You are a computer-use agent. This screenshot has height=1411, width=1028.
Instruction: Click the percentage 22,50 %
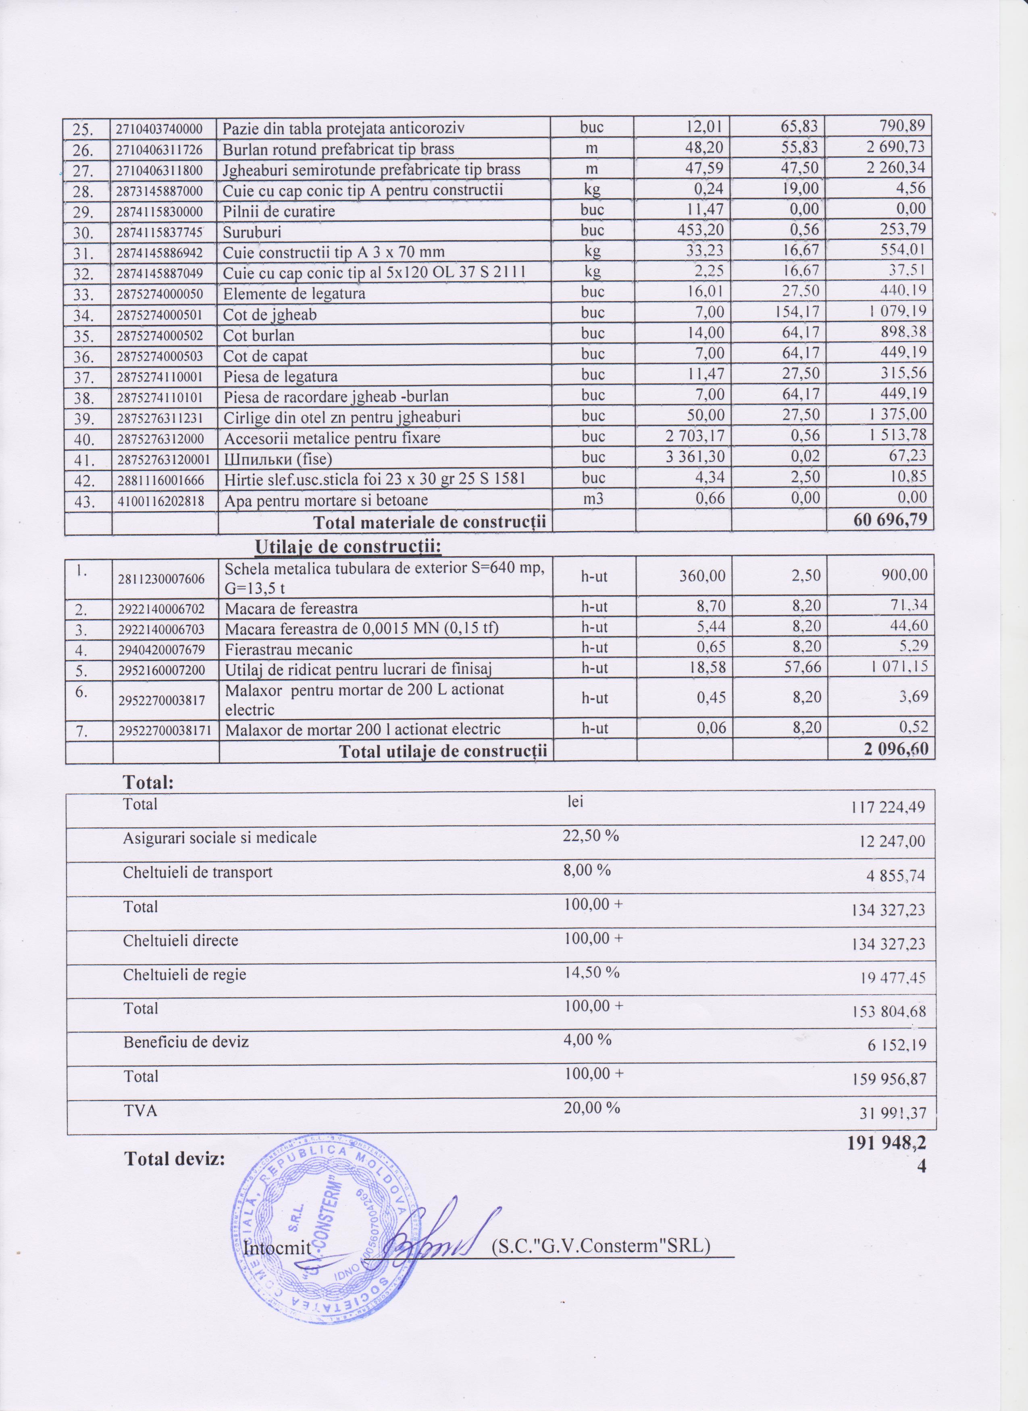(591, 835)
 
